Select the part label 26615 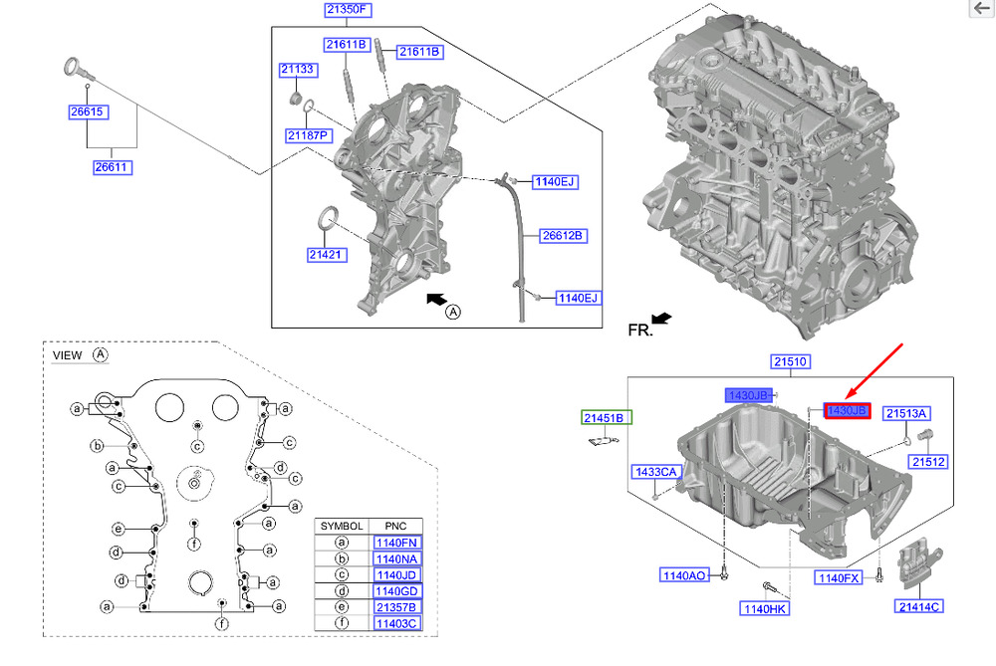tap(87, 112)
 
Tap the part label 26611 tap(113, 168)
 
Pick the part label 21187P tap(308, 134)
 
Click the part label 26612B tap(562, 236)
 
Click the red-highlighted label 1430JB tap(847, 411)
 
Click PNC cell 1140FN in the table tap(395, 543)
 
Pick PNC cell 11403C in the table tap(395, 623)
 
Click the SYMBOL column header tap(341, 525)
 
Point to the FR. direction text tap(639, 330)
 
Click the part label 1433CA tap(654, 471)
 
